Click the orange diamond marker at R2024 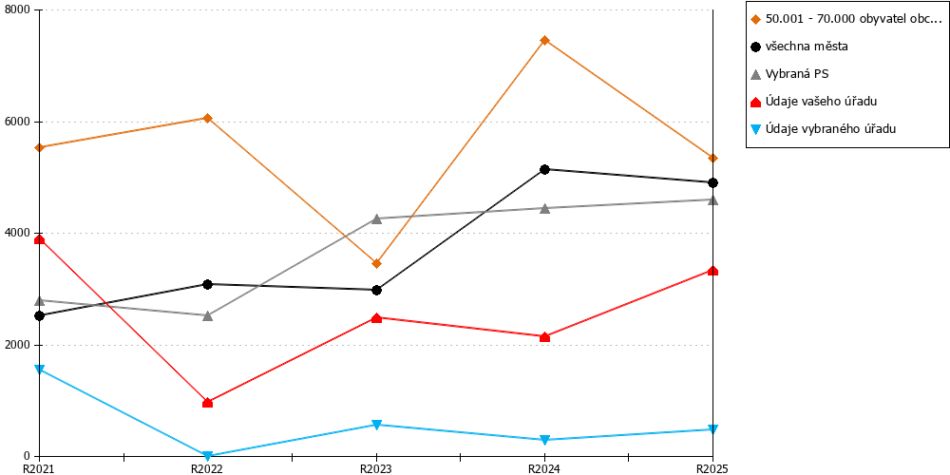[544, 41]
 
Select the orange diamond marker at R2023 [376, 263]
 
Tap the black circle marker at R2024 [544, 170]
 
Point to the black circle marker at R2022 [208, 284]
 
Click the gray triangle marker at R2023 [376, 218]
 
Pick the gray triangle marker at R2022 [208, 315]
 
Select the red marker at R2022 [208, 402]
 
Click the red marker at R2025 [713, 271]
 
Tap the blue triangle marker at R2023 [376, 425]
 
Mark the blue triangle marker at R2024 [544, 440]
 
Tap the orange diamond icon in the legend [755, 19]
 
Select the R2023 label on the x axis [376, 468]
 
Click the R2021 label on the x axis [39, 468]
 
